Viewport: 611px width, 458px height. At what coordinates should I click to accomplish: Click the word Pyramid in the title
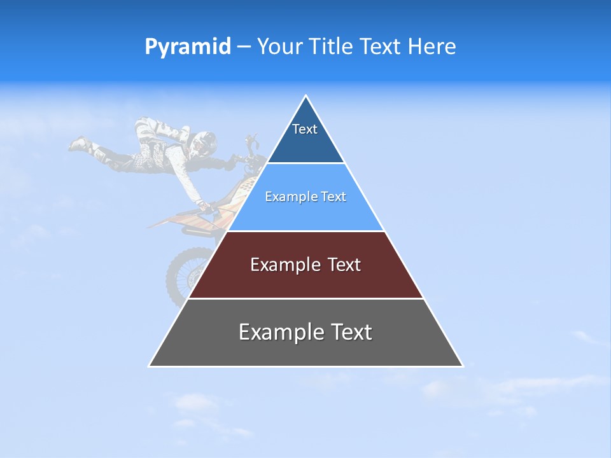click(x=187, y=47)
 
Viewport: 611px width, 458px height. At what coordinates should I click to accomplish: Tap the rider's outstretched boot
click(x=79, y=144)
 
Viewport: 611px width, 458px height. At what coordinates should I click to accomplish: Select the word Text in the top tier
click(x=305, y=129)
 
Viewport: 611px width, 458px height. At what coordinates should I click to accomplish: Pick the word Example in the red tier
click(x=279, y=265)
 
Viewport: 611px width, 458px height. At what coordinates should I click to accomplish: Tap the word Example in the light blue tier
click(x=285, y=197)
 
